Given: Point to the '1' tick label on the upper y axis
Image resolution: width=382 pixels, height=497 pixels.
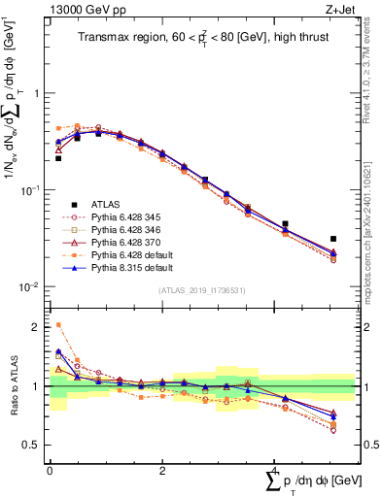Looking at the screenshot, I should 37,93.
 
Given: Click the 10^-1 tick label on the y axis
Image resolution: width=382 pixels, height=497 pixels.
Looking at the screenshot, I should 33,189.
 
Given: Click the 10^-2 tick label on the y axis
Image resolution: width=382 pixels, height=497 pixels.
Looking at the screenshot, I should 33,286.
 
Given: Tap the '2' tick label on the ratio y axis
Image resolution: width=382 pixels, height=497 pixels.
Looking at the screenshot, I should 37,327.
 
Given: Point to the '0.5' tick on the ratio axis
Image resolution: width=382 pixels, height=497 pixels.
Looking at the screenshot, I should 33,445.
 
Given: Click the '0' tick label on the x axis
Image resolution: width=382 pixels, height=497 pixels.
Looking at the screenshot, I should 50,470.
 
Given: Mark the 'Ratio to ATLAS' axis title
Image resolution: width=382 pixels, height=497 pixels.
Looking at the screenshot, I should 14,386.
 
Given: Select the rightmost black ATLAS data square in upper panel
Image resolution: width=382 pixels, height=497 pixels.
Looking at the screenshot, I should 333,238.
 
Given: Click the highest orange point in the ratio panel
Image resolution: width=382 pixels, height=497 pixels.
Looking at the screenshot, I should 58,325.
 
